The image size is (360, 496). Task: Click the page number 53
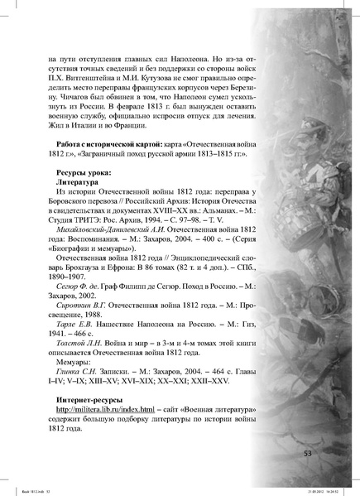click(x=308, y=453)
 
